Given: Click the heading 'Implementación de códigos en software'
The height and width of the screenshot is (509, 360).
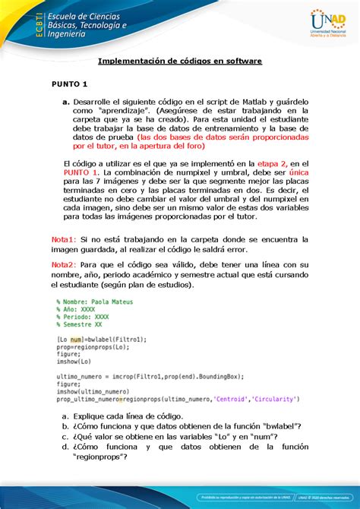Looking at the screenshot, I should pyautogui.click(x=181, y=61).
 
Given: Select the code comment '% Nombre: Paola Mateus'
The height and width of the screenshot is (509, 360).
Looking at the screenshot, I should pyautogui.click(x=95, y=302).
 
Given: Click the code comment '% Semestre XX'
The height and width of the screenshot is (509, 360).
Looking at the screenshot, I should pyautogui.click(x=81, y=324).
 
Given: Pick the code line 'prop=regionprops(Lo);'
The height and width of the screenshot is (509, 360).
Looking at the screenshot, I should pyautogui.click(x=91, y=346).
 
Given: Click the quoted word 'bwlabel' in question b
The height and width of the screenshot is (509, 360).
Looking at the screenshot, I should pyautogui.click(x=277, y=426).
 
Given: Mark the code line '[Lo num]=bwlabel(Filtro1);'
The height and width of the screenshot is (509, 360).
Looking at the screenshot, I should pyautogui.click(x=102, y=339).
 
